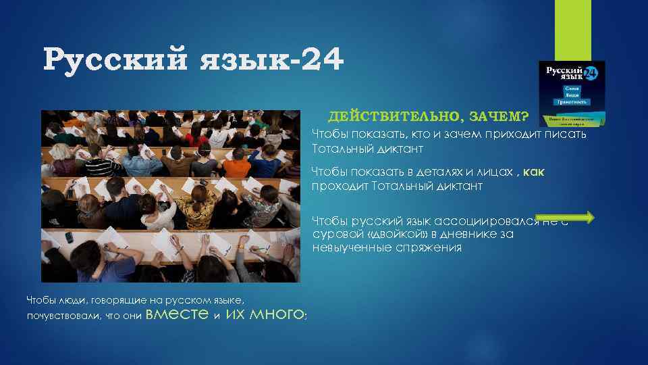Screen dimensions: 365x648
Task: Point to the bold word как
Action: [534, 172]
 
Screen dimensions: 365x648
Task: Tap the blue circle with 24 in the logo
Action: [589, 72]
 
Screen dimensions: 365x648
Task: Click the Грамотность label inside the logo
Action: [571, 103]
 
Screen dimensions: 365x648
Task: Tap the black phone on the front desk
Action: [69, 237]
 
